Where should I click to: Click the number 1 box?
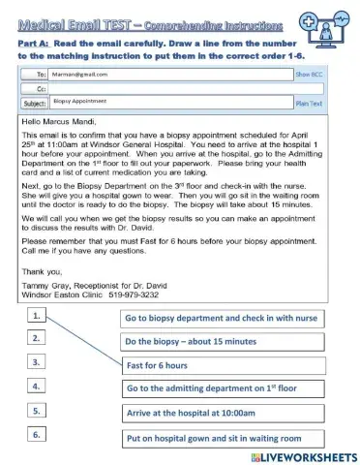[x=35, y=316]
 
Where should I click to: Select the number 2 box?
[x=35, y=338]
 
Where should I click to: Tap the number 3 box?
[x=35, y=361]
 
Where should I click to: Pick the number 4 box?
[x=35, y=386]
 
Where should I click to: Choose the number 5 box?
[x=35, y=410]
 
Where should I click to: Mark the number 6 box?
[x=35, y=434]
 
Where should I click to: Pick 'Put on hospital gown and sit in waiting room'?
[x=222, y=438]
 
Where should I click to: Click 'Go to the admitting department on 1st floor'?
[x=222, y=389]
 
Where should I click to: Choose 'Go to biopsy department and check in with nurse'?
[x=222, y=318]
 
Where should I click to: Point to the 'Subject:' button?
[x=34, y=101]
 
